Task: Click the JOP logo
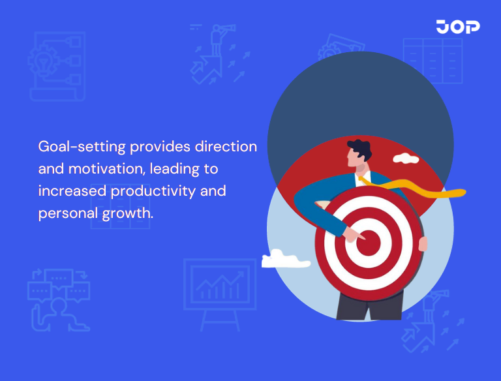tap(458, 26)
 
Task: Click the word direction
tap(226, 147)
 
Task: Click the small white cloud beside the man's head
tap(406, 158)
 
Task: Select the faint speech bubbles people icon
tap(57, 297)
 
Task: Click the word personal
tap(65, 214)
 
